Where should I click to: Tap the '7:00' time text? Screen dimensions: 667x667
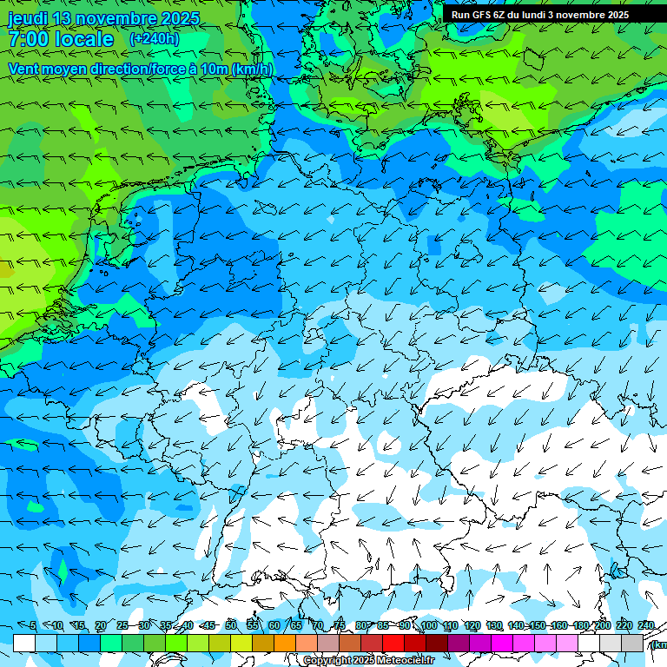coord(29,39)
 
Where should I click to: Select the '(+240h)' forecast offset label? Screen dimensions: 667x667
coord(155,39)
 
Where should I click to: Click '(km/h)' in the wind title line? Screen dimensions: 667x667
coord(252,69)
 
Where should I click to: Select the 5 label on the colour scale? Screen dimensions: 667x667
coord(33,625)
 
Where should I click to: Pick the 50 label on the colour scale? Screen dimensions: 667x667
coord(231,625)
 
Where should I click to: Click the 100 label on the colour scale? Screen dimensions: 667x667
coord(428,625)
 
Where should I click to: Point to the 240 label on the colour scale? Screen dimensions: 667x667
coord(646,625)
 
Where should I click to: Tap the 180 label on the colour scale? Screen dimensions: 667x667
coord(580,625)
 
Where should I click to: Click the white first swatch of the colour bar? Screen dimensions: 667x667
coord(24,643)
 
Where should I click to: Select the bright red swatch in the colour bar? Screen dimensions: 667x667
coord(393,643)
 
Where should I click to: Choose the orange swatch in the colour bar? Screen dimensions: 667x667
coord(285,643)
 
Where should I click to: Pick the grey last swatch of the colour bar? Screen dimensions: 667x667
coord(632,643)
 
